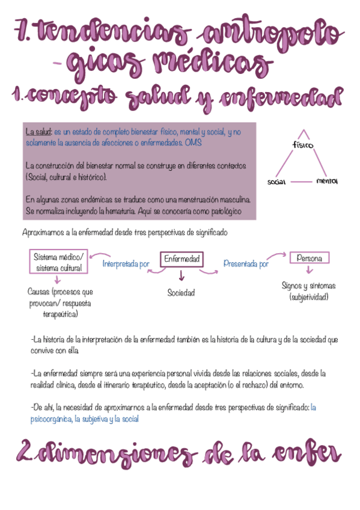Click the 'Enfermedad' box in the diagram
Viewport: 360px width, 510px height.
(181, 259)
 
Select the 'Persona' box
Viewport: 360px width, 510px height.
(310, 258)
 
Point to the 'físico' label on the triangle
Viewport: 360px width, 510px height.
(302, 145)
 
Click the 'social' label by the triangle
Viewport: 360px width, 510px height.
(276, 181)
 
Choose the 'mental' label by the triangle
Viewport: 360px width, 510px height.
(326, 180)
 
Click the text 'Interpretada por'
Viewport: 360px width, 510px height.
(126, 263)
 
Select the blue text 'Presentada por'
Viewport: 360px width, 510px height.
(246, 263)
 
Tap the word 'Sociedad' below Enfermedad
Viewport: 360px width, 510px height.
(181, 293)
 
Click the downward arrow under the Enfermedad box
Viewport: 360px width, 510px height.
(181, 276)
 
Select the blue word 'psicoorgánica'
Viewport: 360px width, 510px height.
(52, 419)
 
